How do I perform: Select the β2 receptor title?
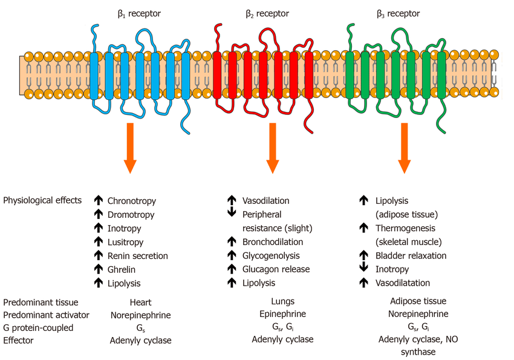(267, 13)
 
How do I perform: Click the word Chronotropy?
(131, 201)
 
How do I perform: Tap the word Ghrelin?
(123, 269)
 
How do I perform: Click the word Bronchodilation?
(271, 242)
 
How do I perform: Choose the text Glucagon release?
(276, 269)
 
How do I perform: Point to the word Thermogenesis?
(403, 228)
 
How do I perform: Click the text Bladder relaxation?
(411, 255)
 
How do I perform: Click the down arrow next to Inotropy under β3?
(363, 269)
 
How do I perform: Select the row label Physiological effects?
(42, 200)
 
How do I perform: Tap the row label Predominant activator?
(46, 315)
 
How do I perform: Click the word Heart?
(140, 302)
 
